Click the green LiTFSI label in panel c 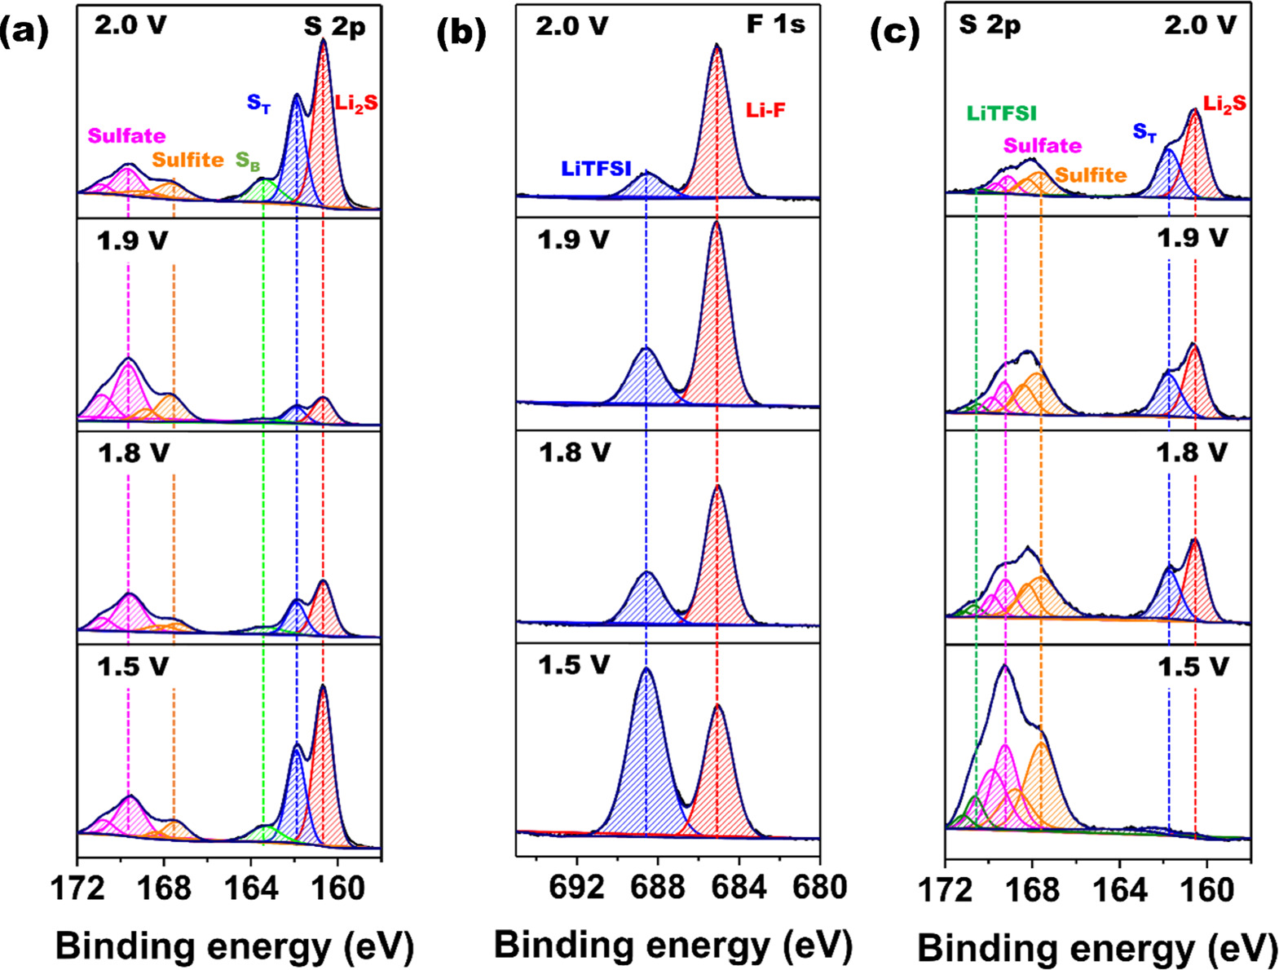click(x=1002, y=114)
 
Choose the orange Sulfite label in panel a click(x=187, y=160)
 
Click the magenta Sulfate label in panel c click(x=1043, y=146)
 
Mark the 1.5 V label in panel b click(x=573, y=665)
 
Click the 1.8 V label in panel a click(x=133, y=452)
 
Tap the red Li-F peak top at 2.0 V click(x=717, y=47)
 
